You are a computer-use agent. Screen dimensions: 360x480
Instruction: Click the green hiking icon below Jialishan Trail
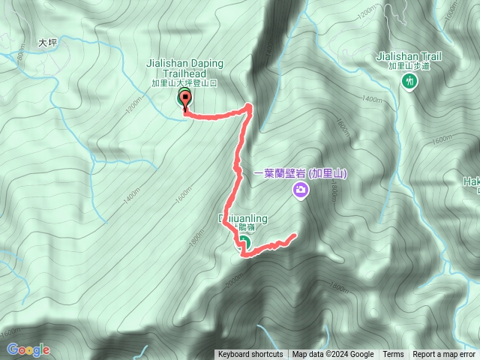410,81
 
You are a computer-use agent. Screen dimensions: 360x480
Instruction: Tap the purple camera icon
300,191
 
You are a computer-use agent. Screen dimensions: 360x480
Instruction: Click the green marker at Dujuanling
244,241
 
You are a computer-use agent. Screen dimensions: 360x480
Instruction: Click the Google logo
28,349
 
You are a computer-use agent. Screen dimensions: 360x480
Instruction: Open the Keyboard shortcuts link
250,355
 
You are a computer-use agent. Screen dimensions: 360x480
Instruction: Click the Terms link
393,355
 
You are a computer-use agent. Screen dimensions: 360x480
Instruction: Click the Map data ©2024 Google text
333,355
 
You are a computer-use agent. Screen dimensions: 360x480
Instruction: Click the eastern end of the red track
293,235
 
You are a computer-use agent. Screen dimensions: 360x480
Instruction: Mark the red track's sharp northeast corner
249,109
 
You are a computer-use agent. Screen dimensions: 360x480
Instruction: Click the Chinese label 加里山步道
411,66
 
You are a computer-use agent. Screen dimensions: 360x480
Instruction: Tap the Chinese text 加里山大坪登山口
184,83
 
